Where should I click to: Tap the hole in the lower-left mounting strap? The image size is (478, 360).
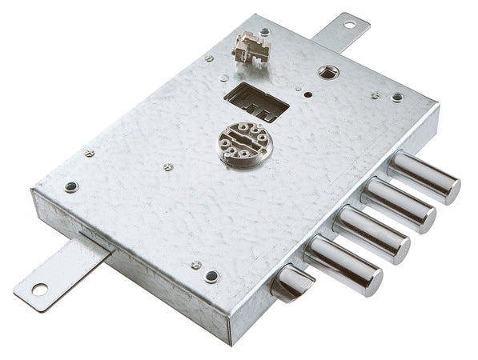point(39,288)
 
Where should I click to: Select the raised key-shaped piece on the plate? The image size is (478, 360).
point(251,49)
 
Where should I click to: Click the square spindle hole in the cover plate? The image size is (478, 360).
point(327,72)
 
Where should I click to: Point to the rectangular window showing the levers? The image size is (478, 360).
point(255,102)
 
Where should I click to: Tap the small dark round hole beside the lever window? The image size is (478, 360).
point(307,93)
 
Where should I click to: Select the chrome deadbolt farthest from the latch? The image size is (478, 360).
point(424,177)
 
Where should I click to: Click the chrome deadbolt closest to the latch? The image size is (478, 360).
point(344,265)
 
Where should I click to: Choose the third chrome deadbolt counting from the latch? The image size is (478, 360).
point(398,204)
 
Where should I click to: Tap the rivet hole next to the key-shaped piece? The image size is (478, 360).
point(264,32)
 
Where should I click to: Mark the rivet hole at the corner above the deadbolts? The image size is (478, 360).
point(397,97)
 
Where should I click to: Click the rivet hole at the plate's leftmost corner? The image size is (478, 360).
point(71,186)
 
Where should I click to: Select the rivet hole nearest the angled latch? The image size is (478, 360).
point(211,277)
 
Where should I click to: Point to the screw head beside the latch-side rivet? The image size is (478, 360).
point(195,264)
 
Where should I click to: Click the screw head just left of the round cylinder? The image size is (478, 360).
point(167,166)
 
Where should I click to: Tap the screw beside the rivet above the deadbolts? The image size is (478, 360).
point(375,94)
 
